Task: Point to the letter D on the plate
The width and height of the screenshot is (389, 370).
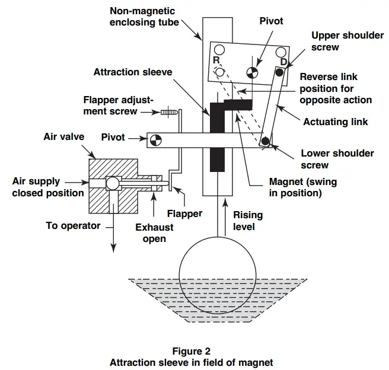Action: click(x=283, y=62)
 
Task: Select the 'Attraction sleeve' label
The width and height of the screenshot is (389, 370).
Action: click(x=133, y=72)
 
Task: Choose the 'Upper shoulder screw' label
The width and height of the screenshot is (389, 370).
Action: click(x=347, y=41)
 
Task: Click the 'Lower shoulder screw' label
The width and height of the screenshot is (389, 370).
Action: click(x=337, y=158)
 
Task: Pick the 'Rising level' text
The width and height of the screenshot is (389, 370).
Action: click(x=248, y=221)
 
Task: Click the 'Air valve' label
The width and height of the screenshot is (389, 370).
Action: click(x=63, y=136)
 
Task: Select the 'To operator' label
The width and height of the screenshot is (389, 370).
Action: click(x=73, y=225)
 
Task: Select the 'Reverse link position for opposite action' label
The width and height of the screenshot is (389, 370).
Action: click(x=336, y=88)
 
